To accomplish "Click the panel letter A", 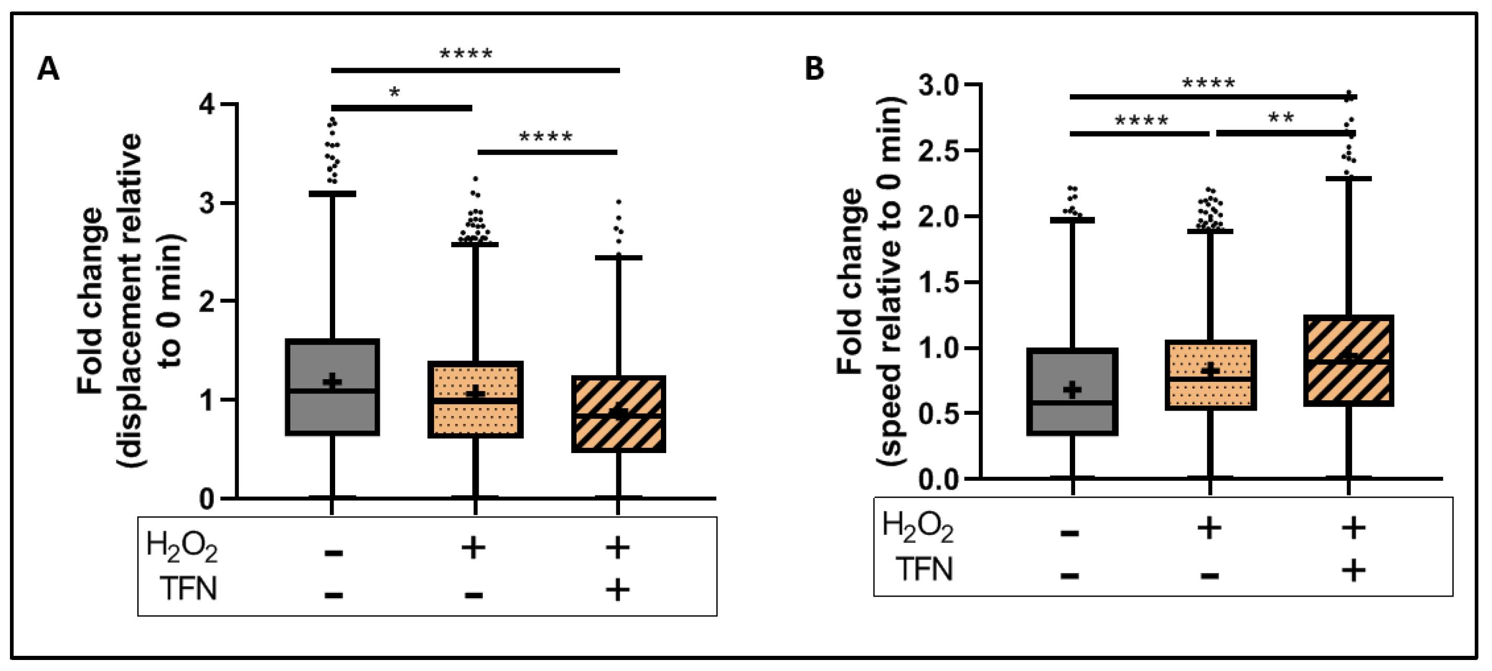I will click(x=48, y=70).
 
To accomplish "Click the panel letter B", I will click(x=814, y=69).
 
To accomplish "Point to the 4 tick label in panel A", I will click(x=207, y=105).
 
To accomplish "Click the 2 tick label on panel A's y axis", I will click(x=207, y=301).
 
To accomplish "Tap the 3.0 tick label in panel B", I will click(x=939, y=86).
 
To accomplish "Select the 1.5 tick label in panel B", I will click(x=939, y=283).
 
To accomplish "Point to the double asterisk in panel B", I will click(x=1280, y=118).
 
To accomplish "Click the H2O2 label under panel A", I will click(x=181, y=547).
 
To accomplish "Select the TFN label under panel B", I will click(x=924, y=569).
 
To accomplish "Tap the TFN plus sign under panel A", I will click(x=617, y=590).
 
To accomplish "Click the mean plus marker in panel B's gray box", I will click(x=1072, y=389).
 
